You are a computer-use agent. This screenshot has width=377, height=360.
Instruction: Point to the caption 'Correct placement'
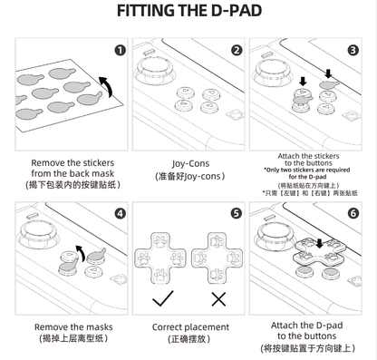188,326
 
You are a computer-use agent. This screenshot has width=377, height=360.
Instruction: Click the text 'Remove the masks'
72,326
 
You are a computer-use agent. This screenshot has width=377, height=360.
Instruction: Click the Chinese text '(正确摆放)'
188,339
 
